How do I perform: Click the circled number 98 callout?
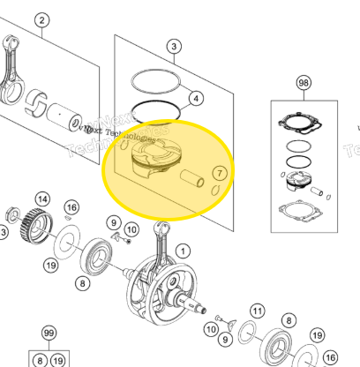tap(304, 83)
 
